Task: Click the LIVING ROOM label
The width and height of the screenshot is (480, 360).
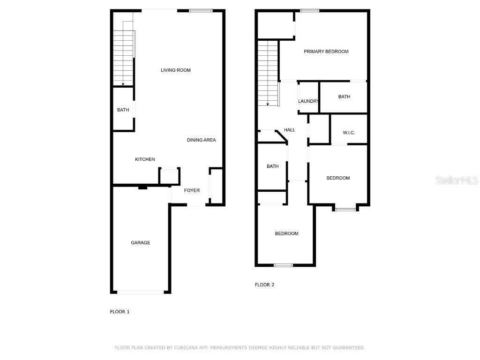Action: pos(175,70)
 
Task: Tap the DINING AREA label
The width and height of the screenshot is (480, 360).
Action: pos(201,140)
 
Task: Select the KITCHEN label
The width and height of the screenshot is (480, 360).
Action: pos(145,159)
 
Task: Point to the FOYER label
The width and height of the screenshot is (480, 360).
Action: pos(192,190)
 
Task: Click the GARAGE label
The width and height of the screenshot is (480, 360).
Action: pos(140,243)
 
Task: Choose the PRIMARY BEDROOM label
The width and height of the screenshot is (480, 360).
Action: pos(326,52)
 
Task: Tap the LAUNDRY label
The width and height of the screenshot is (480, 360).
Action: pos(308,101)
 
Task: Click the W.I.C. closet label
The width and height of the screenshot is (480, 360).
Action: pos(349,133)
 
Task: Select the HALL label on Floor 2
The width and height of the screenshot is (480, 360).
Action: pos(290,130)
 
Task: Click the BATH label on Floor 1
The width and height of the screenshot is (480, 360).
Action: pos(123,110)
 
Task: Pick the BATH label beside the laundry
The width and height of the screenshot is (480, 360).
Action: pos(344,97)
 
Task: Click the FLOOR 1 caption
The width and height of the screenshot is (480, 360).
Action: pos(120,312)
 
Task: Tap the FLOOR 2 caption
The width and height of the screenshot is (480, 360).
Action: pos(264,285)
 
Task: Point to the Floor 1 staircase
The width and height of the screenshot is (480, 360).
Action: pos(124,56)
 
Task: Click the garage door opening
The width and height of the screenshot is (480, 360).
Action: pos(141,292)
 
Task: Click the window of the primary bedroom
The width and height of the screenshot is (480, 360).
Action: pos(310,11)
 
